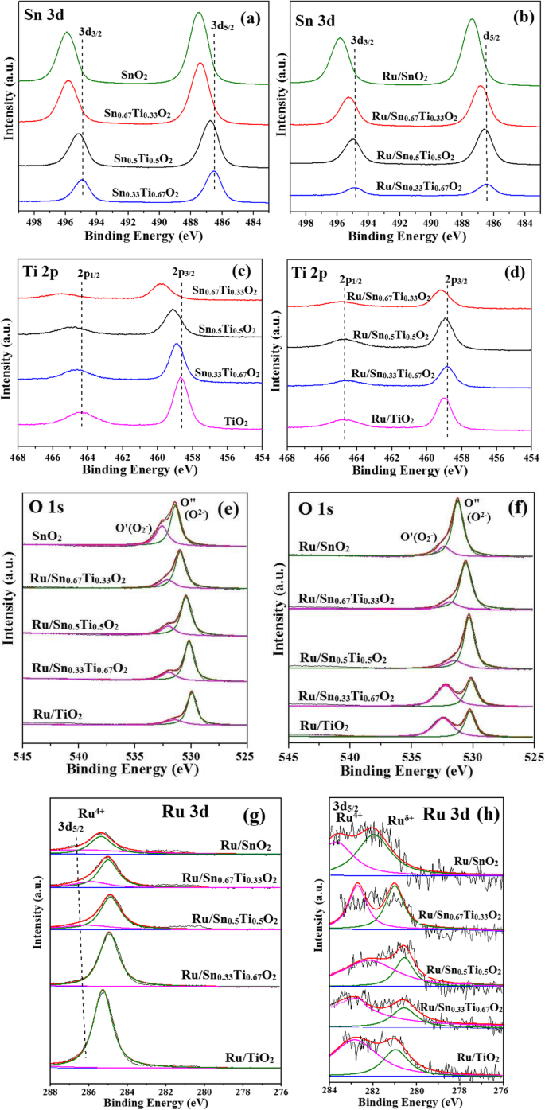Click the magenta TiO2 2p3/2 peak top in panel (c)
click(x=181, y=378)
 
